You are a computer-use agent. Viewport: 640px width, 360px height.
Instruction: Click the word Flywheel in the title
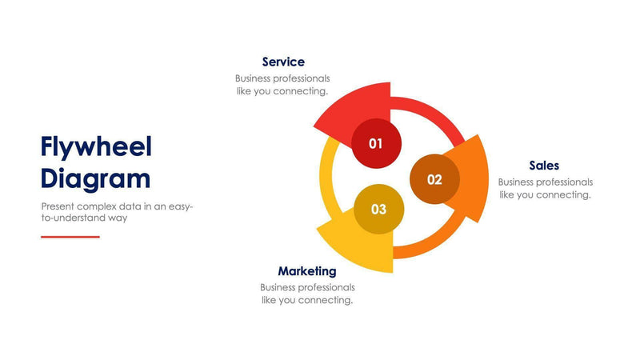(x=96, y=147)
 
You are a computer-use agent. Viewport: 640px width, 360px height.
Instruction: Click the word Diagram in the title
(x=95, y=178)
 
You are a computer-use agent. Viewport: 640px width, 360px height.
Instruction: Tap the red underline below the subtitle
(x=70, y=237)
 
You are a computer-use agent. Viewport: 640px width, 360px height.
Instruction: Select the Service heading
(x=283, y=62)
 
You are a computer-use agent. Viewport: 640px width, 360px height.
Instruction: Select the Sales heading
(x=544, y=166)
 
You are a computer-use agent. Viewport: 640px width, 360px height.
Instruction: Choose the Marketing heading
(x=307, y=271)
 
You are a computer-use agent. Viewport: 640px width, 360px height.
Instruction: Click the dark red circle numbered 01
(x=376, y=143)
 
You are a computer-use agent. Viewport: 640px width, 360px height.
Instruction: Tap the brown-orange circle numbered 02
(x=434, y=179)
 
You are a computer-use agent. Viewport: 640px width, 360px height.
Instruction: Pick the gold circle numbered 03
(x=378, y=210)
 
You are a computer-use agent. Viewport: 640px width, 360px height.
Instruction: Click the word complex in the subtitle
(x=98, y=206)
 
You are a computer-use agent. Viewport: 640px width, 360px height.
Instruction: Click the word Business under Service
(x=255, y=78)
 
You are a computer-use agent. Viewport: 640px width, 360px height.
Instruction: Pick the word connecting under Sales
(x=564, y=194)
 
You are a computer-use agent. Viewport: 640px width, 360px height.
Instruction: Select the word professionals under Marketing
(x=327, y=287)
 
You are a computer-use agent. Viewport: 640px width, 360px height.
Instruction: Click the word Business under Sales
(x=518, y=182)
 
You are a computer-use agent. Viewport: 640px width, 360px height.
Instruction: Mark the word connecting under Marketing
(x=326, y=300)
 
